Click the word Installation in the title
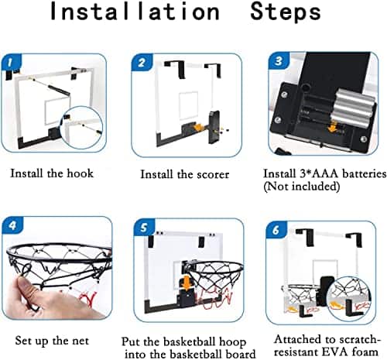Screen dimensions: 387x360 point(135,12)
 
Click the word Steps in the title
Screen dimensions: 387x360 point(286,12)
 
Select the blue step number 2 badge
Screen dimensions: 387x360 point(142,63)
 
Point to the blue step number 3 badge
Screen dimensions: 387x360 point(279,61)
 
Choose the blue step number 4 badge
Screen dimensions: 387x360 point(12,226)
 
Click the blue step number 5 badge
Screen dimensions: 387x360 point(145,228)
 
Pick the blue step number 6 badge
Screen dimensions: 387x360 point(276,229)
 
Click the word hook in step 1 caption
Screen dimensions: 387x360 point(80,173)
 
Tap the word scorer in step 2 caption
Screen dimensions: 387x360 point(213,175)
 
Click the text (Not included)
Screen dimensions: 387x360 point(301,187)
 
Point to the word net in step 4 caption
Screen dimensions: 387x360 point(80,341)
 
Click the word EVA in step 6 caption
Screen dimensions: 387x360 point(334,352)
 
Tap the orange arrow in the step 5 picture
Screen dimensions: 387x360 point(187,283)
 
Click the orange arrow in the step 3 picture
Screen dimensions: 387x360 point(334,127)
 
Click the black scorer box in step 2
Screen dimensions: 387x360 point(214,127)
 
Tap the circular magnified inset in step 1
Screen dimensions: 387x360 point(81,128)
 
